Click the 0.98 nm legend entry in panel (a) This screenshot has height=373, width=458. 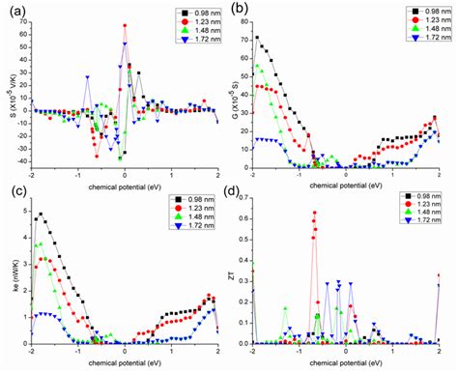tap(189, 14)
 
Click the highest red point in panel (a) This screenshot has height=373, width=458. tap(125, 25)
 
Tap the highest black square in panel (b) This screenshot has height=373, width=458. tap(257, 38)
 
